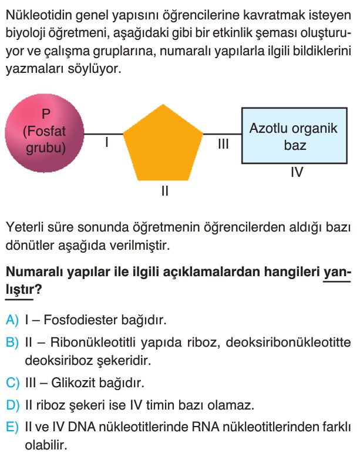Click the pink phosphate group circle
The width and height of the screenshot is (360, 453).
(x=45, y=133)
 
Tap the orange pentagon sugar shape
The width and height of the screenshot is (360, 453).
(x=163, y=145)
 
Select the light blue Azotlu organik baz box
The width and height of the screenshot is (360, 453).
(x=294, y=136)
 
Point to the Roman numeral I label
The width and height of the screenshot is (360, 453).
(x=107, y=142)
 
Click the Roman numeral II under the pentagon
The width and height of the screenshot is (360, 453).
(x=165, y=191)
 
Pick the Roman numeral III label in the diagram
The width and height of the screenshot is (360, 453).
(x=223, y=143)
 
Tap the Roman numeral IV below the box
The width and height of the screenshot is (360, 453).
(x=297, y=172)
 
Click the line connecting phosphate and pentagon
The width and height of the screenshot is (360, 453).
(x=104, y=134)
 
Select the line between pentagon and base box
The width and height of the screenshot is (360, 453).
(x=223, y=134)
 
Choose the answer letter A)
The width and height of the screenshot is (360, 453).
(x=12, y=320)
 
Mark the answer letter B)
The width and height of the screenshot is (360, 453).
(x=12, y=343)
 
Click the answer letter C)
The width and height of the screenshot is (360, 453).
(x=12, y=383)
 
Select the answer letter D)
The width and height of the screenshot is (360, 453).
(x=12, y=405)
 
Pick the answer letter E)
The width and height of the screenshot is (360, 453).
(x=12, y=427)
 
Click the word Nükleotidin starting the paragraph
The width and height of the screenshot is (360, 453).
(x=38, y=15)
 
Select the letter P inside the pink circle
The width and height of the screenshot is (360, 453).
(x=46, y=114)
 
